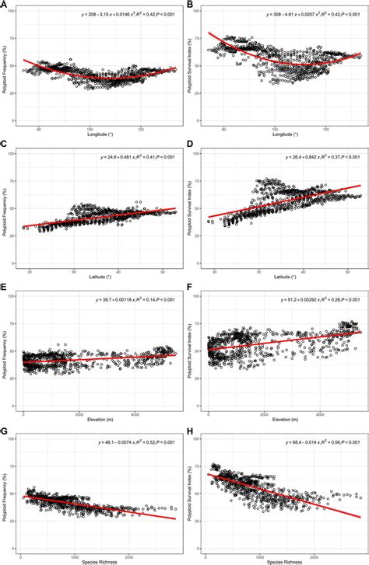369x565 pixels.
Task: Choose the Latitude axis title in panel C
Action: [101, 276]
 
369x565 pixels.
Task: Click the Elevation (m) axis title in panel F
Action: [286, 417]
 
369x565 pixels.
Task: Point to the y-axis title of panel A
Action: [5, 68]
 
